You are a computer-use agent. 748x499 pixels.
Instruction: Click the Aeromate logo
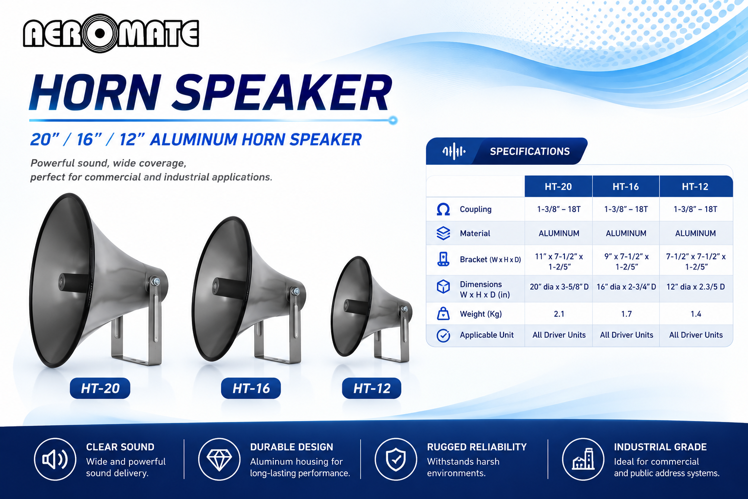(111, 34)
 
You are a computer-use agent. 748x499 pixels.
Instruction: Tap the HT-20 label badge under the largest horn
(100, 388)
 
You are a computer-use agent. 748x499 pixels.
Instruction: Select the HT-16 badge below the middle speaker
(251, 388)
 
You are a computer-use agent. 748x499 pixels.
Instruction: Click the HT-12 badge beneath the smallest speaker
(372, 388)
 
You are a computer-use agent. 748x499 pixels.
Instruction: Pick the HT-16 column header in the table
(625, 187)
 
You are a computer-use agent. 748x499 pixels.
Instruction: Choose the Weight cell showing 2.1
(559, 314)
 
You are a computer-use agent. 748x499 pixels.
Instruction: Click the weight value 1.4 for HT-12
(695, 314)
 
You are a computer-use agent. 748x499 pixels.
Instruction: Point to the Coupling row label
(475, 209)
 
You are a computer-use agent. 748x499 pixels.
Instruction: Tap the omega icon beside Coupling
(443, 209)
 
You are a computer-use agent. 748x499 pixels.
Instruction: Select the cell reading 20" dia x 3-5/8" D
(559, 287)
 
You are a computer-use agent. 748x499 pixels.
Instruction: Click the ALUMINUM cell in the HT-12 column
(695, 233)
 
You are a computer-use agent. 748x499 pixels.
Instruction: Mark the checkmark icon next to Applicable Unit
(443, 335)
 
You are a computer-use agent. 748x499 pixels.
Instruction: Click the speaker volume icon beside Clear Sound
(55, 459)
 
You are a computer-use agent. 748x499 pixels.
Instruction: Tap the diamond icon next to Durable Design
(219, 459)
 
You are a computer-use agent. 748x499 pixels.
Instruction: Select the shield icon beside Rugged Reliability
(396, 459)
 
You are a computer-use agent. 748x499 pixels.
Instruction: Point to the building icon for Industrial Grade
(583, 459)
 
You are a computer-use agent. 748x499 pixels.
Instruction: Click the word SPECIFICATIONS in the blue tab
(530, 152)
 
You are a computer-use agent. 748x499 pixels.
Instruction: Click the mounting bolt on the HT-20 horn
(154, 281)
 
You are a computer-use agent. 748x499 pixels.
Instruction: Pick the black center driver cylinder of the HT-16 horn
(229, 287)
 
